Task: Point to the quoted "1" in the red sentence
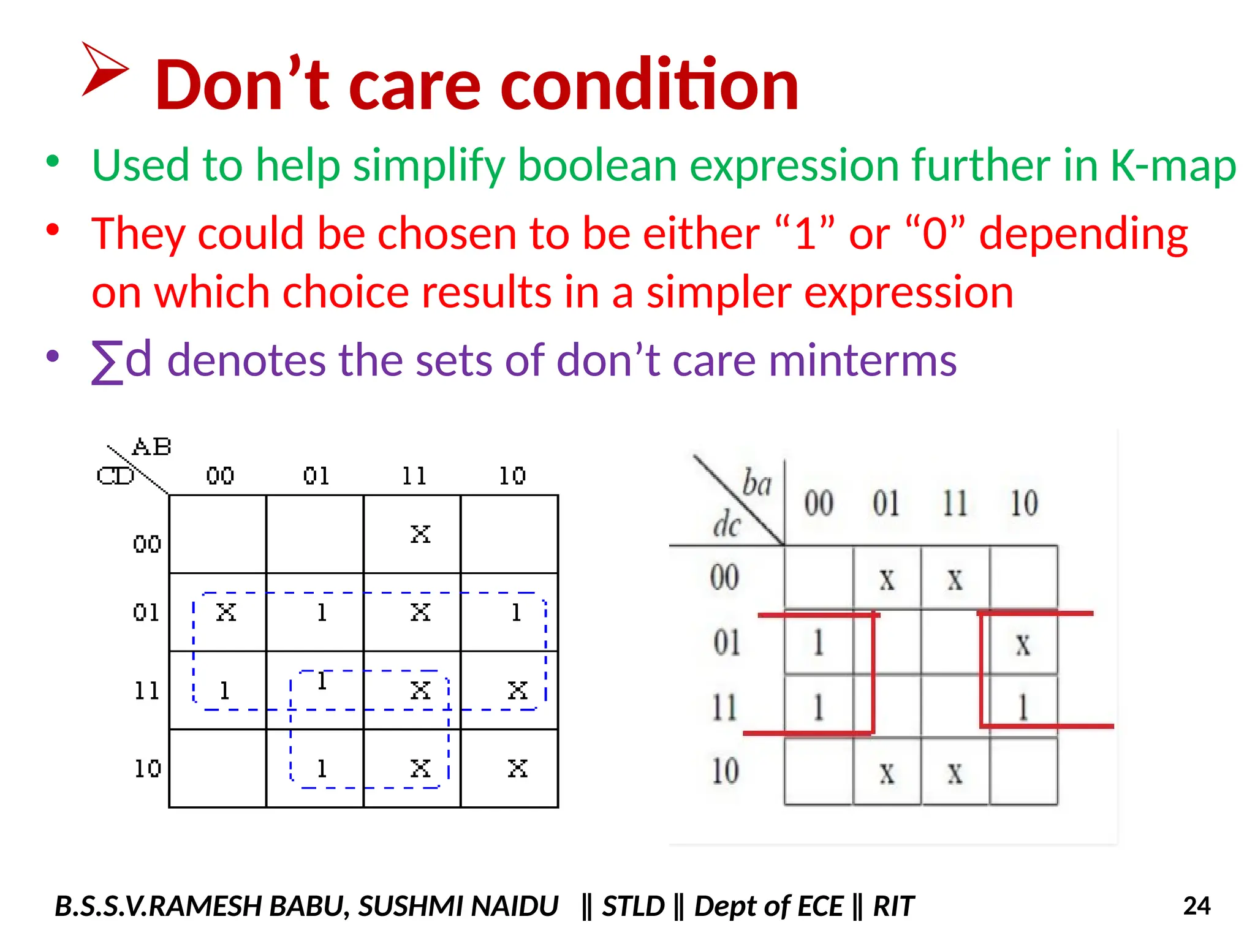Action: coord(805,233)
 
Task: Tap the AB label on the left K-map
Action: coord(151,447)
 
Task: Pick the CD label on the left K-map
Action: coord(115,476)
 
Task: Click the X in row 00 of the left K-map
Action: coord(420,534)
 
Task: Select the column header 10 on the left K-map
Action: coord(512,476)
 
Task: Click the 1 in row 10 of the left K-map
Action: coord(322,768)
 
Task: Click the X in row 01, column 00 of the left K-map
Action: coord(226,612)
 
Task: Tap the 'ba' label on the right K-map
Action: coord(757,483)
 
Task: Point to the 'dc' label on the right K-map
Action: coord(727,525)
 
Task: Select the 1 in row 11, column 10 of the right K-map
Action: coord(1022,707)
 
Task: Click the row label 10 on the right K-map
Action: coord(725,771)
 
